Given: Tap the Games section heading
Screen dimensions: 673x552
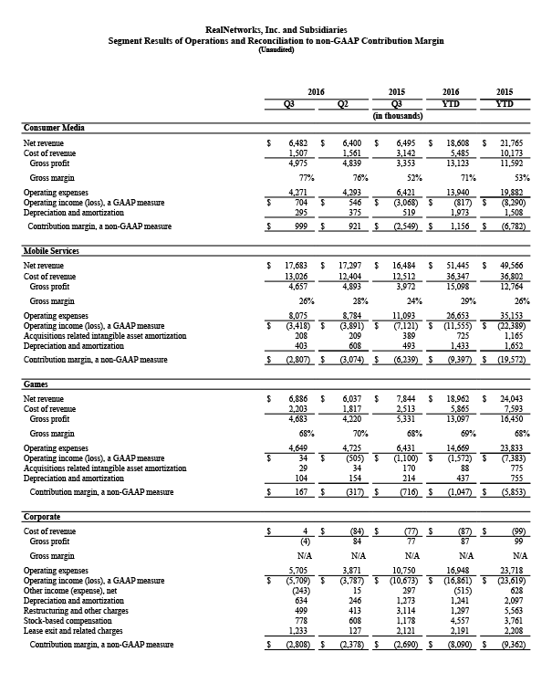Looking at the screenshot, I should tap(36, 385).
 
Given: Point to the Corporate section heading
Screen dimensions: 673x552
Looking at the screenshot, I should tap(42, 516).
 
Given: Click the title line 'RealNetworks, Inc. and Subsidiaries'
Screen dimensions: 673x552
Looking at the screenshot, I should tap(276, 30).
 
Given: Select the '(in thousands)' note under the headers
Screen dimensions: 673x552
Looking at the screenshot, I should tap(397, 116).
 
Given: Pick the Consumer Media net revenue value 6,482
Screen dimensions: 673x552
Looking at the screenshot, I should tap(297, 143).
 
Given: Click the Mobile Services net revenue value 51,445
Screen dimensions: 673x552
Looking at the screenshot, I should tap(457, 264).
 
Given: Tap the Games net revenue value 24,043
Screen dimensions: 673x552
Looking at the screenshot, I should tap(511, 400).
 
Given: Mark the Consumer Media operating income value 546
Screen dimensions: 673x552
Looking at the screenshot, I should tap(357, 201).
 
